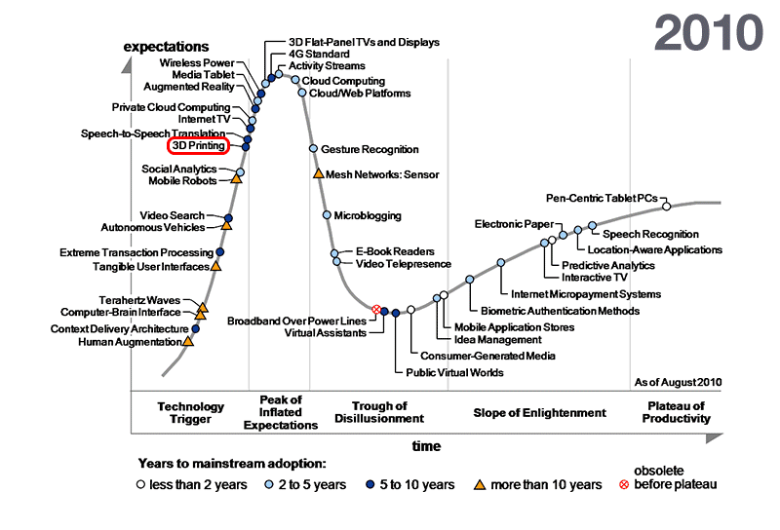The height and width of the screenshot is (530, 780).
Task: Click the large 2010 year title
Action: pyautogui.click(x=708, y=32)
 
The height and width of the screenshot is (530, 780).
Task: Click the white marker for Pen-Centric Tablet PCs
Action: pyautogui.click(x=666, y=206)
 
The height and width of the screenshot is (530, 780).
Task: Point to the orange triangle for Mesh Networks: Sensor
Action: pyautogui.click(x=318, y=173)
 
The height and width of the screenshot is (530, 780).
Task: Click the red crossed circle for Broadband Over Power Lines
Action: pyautogui.click(x=376, y=310)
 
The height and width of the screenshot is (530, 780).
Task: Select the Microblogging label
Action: pyautogui.click(x=368, y=214)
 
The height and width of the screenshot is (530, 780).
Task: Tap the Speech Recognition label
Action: pyautogui.click(x=650, y=234)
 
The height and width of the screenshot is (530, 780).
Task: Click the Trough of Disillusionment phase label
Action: pyautogui.click(x=388, y=411)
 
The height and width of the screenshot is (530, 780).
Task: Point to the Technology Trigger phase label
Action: pyautogui.click(x=191, y=413)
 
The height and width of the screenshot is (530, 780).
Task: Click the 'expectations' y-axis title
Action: pyautogui.click(x=166, y=46)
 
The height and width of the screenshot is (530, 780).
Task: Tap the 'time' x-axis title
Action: pyautogui.click(x=426, y=446)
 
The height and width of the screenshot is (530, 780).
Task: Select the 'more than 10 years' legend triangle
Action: pyautogui.click(x=480, y=484)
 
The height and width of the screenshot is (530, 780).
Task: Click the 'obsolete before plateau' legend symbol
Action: pyautogui.click(x=625, y=484)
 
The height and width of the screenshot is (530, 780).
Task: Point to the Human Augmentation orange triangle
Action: pyautogui.click(x=188, y=341)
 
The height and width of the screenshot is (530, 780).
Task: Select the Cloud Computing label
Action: pyautogui.click(x=343, y=81)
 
